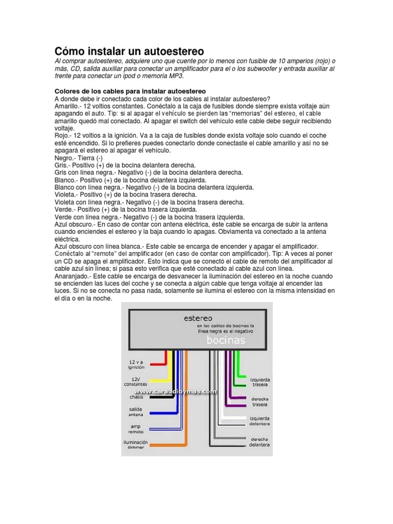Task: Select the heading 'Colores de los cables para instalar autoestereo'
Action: pos(130,91)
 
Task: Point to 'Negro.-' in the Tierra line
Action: pos(65,158)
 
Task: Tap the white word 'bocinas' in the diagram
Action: pos(226,340)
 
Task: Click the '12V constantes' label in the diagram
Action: pos(135,381)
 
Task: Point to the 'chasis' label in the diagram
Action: pos(136,397)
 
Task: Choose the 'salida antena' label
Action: pos(136,412)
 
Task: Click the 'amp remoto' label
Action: pos(136,428)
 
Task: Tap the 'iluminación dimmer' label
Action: pos(135,445)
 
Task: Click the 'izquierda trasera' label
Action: pos(259,382)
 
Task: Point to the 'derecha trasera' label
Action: pos(259,401)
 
